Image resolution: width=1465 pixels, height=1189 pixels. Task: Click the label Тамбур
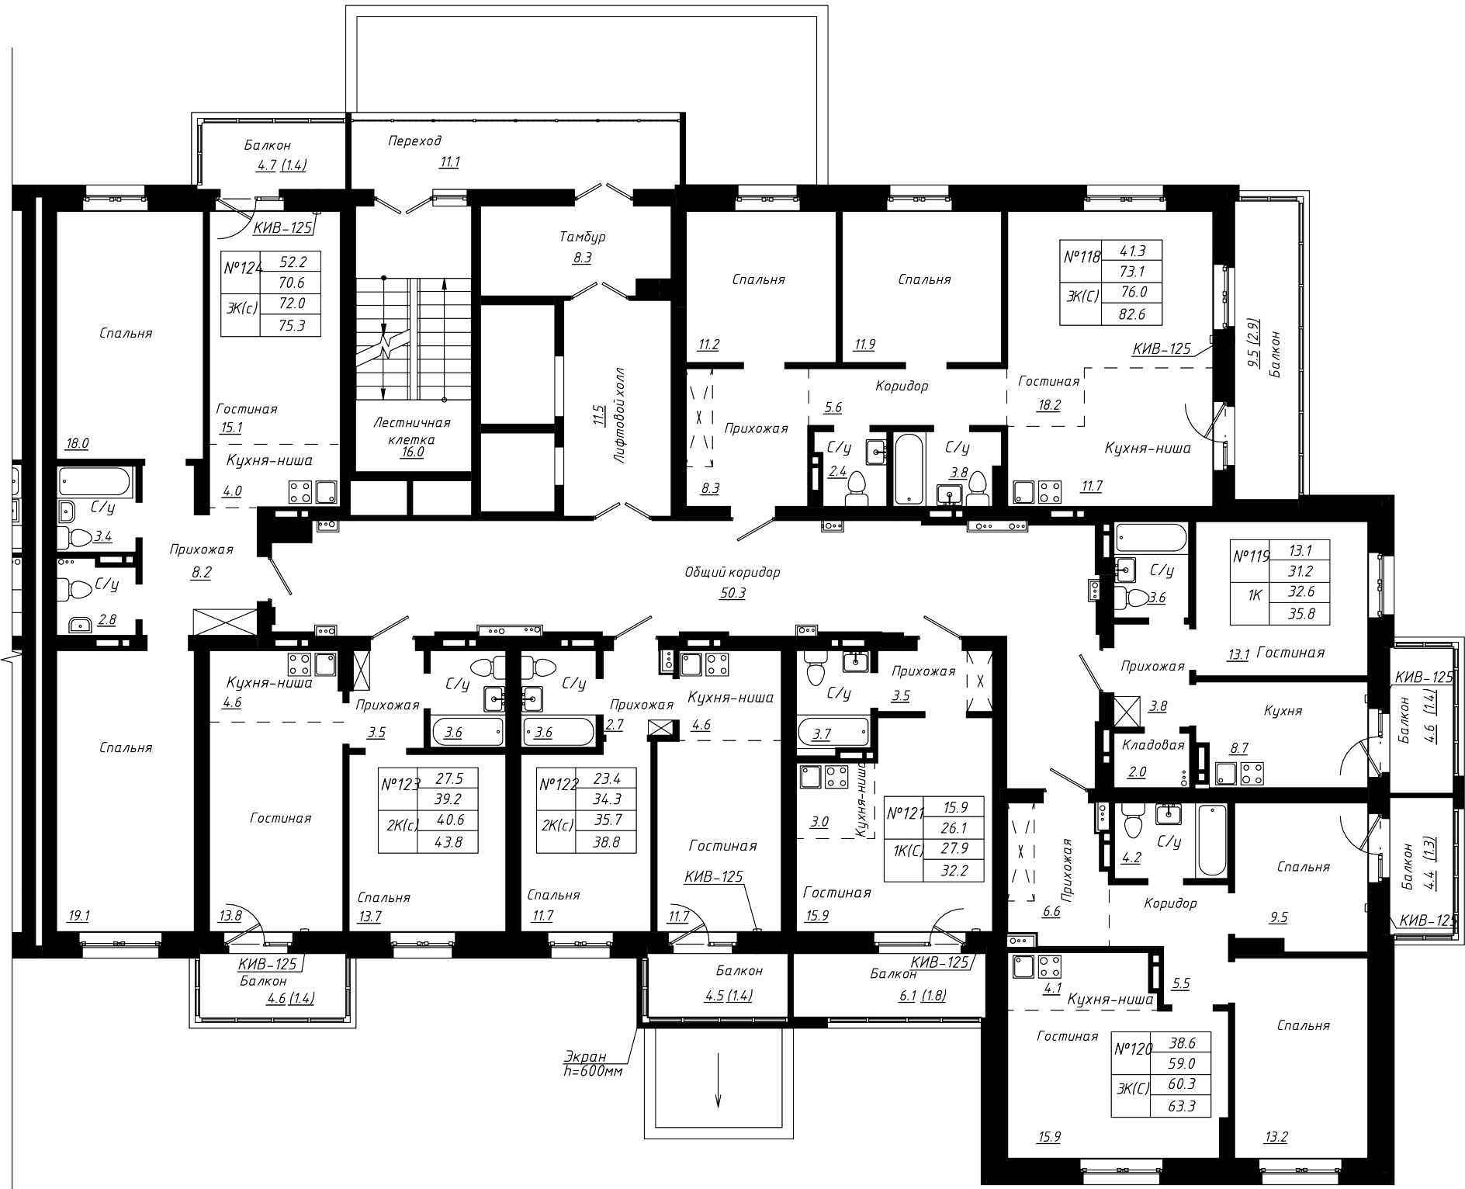[582, 237]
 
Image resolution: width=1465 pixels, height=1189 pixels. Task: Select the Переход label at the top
[414, 140]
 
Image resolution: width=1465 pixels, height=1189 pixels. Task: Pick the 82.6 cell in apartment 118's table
[1131, 314]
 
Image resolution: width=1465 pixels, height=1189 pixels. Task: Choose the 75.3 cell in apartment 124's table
[291, 325]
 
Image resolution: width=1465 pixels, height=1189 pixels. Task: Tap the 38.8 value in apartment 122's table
[605, 841]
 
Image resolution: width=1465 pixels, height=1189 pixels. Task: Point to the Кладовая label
[1153, 745]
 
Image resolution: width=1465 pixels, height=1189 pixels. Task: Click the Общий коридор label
[732, 573]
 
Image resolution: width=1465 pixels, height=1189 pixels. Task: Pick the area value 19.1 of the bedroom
[78, 916]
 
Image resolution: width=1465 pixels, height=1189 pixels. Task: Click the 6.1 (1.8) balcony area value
[922, 995]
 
